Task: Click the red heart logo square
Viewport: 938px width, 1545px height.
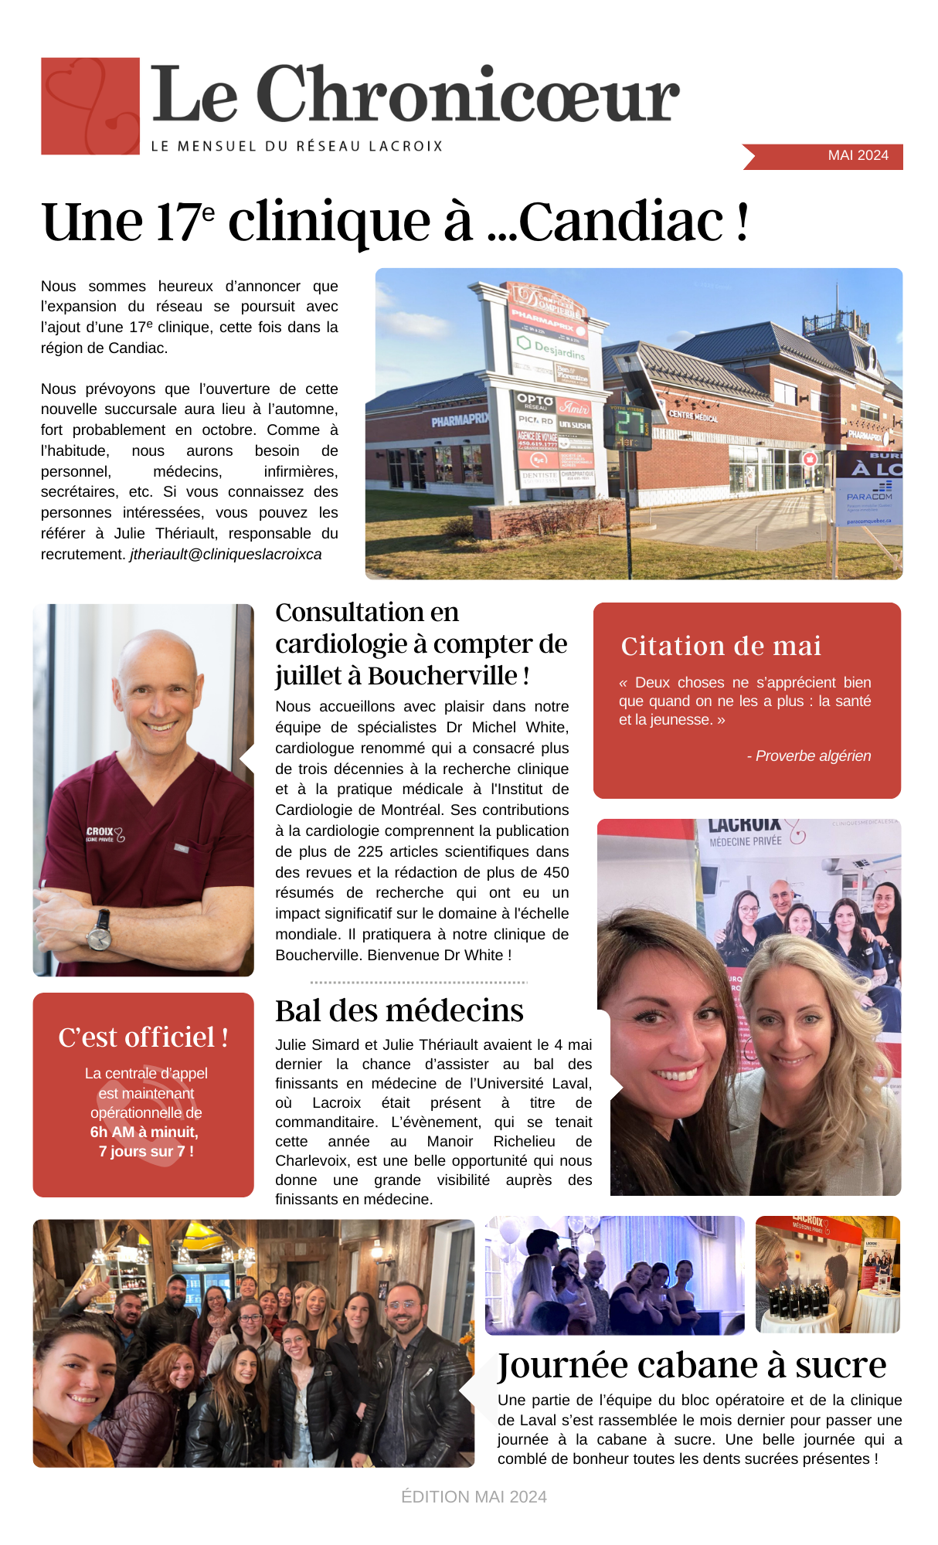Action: click(x=90, y=106)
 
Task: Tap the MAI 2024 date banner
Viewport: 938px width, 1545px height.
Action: click(x=857, y=155)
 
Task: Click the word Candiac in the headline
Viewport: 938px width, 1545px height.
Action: click(x=621, y=222)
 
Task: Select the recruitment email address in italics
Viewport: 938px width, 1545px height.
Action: click(x=226, y=555)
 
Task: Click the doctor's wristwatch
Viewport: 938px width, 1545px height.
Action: click(x=99, y=932)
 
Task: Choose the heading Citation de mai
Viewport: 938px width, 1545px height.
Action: click(x=721, y=646)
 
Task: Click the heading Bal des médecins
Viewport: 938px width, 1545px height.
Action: click(x=399, y=1010)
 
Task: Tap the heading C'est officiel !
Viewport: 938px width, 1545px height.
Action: click(x=143, y=1037)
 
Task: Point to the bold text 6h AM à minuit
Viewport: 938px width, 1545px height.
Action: click(x=144, y=1132)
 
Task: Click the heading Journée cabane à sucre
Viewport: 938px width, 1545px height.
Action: click(x=692, y=1365)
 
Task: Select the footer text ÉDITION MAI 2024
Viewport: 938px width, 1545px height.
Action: click(x=474, y=1497)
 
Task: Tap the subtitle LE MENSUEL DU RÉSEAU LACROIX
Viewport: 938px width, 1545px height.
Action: click(x=297, y=146)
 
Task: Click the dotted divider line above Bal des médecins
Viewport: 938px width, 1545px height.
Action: click(x=418, y=983)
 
